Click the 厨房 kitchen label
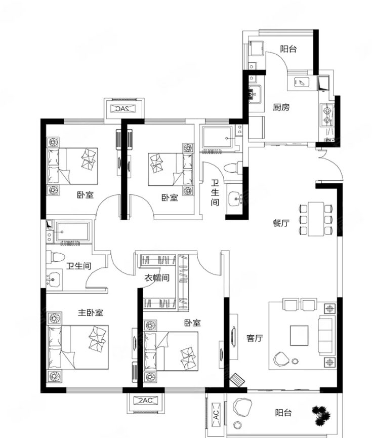(281, 107)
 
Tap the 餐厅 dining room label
(281, 223)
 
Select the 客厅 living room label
(255, 338)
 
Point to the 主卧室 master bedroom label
(91, 312)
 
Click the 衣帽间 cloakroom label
(157, 277)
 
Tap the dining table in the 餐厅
(316, 219)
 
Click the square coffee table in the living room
(299, 336)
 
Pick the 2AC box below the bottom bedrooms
(145, 401)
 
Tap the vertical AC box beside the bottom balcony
(216, 415)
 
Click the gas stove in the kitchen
(327, 115)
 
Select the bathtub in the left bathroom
(73, 232)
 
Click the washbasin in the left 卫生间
(53, 280)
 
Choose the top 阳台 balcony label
(288, 49)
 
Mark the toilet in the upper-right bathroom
(233, 168)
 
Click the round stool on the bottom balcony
(237, 425)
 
